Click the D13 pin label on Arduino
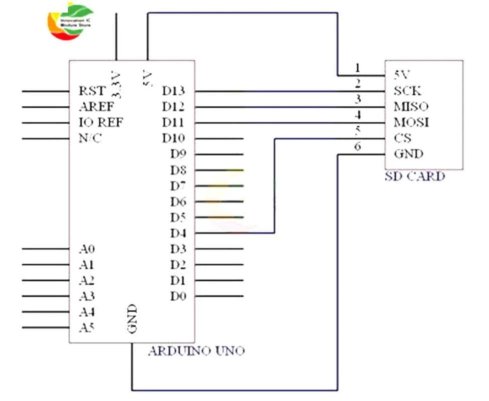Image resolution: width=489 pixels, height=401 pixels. [173, 91]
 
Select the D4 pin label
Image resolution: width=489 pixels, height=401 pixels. [178, 233]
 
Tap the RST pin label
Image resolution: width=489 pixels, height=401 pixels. [92, 91]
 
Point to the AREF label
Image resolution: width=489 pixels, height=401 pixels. [96, 107]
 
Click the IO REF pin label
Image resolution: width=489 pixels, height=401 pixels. [101, 122]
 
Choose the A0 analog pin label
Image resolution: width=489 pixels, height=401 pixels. [87, 249]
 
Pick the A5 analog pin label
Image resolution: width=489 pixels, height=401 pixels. [87, 328]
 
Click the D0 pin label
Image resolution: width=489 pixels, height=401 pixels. [178, 296]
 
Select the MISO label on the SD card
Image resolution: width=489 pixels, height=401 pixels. [411, 107]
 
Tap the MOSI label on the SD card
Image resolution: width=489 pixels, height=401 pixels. [411, 122]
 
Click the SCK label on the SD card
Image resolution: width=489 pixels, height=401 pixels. [407, 91]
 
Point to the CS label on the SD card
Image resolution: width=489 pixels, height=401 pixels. [402, 138]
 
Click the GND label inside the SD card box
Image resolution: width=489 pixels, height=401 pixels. [408, 154]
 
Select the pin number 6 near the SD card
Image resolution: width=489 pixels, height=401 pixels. [357, 146]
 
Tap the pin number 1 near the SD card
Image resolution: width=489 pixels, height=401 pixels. [357, 68]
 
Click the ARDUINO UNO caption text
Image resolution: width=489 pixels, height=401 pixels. [196, 351]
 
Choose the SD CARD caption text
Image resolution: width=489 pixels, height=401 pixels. [414, 176]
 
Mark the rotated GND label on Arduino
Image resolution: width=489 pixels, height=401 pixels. [132, 319]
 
